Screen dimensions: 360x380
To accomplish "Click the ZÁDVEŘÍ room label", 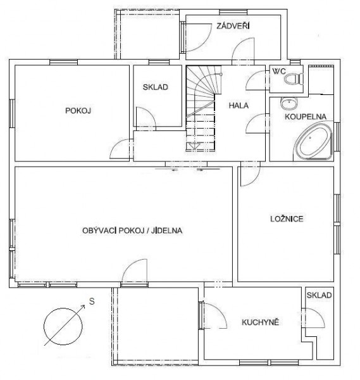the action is coord(233,26).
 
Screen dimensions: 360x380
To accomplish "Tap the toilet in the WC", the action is coord(294,79).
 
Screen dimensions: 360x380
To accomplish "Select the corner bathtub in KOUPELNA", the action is coord(314,141).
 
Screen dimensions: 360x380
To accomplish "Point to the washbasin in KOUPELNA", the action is coord(289,103).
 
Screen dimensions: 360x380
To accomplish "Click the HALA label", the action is coord(239,105).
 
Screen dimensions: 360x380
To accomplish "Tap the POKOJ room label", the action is coord(78,111).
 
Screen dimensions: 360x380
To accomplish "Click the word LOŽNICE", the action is coord(287,219).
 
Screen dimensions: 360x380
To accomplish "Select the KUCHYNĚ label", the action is coord(261,322).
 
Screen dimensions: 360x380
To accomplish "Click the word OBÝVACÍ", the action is coord(99,231).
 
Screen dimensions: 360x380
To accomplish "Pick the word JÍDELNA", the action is coord(167,231).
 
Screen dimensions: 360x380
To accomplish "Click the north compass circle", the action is coord(63,326).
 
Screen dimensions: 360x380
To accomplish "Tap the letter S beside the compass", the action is coord(92,301).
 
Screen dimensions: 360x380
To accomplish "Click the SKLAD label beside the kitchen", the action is coord(319,295).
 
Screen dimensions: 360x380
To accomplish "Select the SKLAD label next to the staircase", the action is coord(156,87).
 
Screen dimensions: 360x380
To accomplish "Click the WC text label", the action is coord(279,72).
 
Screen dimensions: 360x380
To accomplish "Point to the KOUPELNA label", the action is coord(306,117).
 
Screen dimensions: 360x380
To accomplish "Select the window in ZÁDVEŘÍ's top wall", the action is coord(233,12).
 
